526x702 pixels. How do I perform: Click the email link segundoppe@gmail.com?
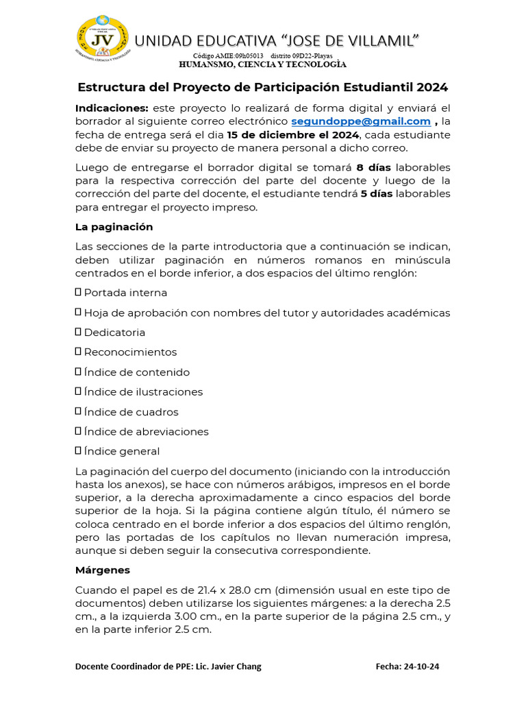pos(361,121)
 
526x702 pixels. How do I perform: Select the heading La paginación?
pos(114,227)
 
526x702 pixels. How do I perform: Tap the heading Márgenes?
pos(102,570)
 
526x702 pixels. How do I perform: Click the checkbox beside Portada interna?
pos(78,293)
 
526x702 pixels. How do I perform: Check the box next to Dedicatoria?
pos(78,332)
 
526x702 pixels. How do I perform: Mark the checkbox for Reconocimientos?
pos(78,352)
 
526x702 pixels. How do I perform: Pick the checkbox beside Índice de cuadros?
pos(78,412)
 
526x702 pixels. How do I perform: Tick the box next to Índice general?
pos(78,451)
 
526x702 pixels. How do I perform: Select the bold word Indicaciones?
pos(112,108)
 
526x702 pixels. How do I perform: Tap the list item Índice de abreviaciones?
pos(147,432)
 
